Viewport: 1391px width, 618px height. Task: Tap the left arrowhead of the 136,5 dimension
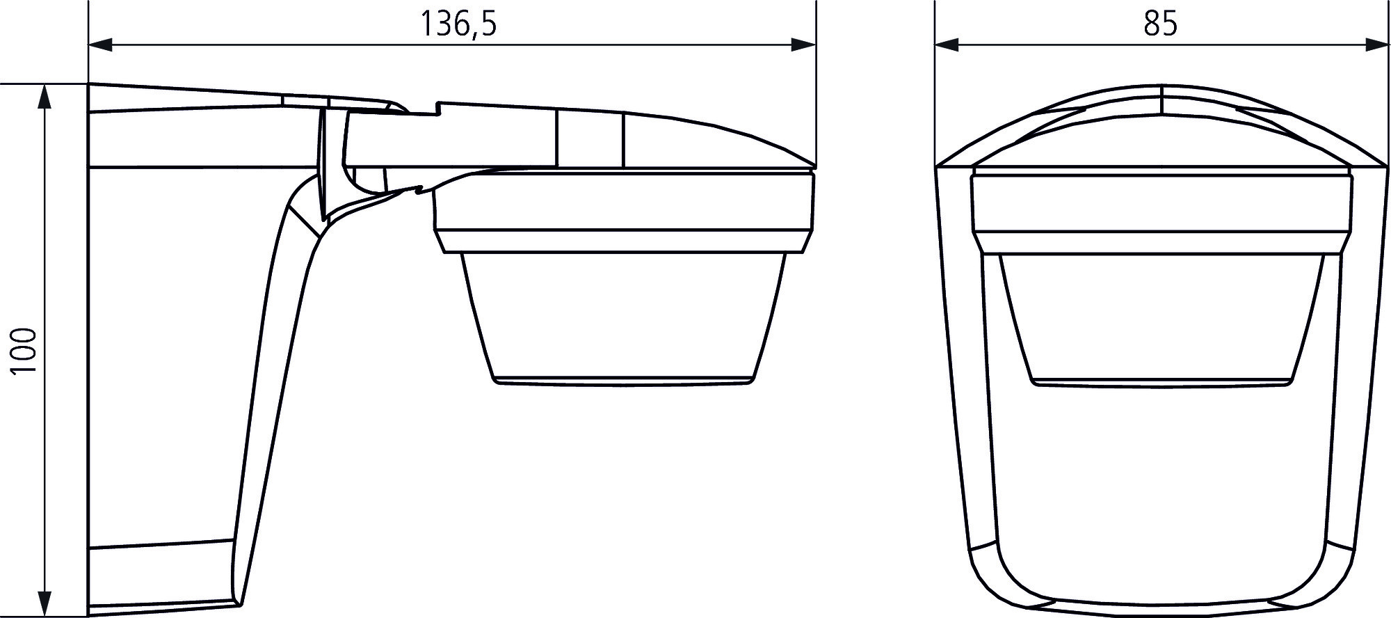(101, 45)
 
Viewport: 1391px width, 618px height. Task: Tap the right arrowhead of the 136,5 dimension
(803, 45)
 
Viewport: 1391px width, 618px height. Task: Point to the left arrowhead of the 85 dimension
(947, 45)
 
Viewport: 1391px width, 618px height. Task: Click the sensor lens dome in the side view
(622, 317)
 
